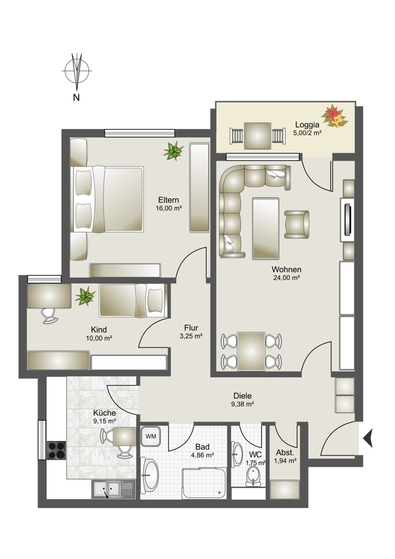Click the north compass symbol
coord(76,72)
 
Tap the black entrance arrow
coord(368,438)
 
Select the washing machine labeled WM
coord(151,436)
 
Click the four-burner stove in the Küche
coord(57,451)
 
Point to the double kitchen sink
coord(114,489)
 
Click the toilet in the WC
coord(253,477)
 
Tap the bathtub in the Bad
coord(204,483)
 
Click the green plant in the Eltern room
coord(173,150)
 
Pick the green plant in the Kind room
coord(85,296)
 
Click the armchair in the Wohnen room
coord(297,224)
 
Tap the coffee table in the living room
coord(265,229)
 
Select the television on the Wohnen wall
coord(347,219)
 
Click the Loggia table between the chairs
coord(257,136)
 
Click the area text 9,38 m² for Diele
coord(242,404)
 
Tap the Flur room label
coord(191,328)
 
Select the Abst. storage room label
coord(285,453)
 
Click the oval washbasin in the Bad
coord(150,475)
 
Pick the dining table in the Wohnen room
coord(251,351)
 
